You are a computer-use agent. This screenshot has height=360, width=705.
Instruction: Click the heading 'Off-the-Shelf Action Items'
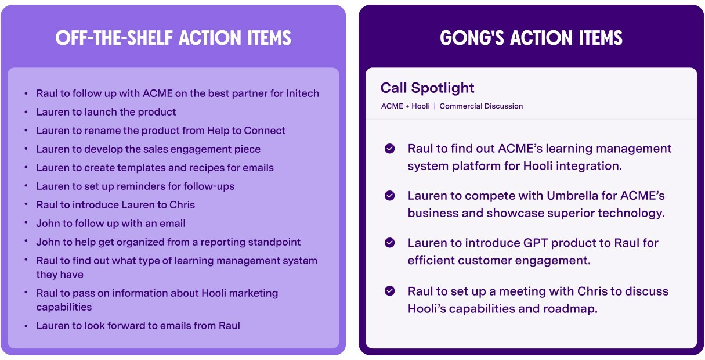(x=173, y=38)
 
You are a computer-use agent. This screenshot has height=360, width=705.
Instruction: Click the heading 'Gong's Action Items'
(x=531, y=38)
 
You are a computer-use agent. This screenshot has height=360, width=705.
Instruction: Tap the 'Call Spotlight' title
(x=427, y=88)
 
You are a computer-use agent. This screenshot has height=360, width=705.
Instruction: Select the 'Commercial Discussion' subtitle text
(x=481, y=106)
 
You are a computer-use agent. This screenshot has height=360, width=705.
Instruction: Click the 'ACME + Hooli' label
(x=405, y=106)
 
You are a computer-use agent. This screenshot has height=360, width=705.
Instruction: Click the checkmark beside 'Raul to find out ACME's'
(x=390, y=148)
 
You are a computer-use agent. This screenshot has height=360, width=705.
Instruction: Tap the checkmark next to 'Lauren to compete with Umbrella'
(x=390, y=196)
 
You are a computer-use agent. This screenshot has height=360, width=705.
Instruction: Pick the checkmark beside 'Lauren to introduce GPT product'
(x=390, y=243)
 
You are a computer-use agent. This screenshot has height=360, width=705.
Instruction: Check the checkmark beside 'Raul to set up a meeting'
(x=390, y=291)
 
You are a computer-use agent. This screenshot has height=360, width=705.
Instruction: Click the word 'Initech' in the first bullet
(x=302, y=93)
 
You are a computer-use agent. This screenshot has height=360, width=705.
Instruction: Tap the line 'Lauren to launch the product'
(x=106, y=112)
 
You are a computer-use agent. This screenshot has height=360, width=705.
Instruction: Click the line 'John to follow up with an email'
(x=111, y=224)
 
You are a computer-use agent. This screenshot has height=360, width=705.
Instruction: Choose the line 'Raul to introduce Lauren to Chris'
(x=115, y=205)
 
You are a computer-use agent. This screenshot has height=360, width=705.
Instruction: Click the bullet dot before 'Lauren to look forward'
(x=26, y=326)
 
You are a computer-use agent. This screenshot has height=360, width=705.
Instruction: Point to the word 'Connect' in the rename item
(x=265, y=131)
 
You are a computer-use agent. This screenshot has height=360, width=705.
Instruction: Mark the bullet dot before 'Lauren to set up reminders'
(x=26, y=186)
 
